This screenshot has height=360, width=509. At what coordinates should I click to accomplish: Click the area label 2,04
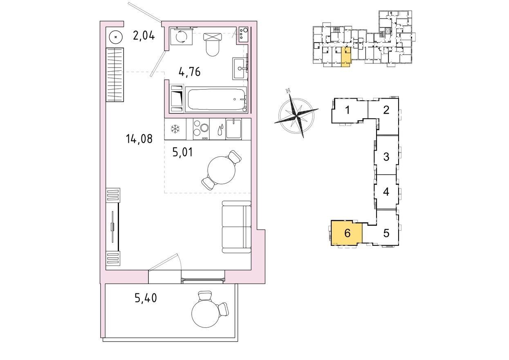(144, 36)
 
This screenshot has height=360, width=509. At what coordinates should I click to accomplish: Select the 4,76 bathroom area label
(190, 72)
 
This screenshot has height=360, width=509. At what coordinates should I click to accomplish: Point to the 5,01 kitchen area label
(182, 153)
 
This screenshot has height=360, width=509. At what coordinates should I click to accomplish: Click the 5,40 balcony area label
(146, 298)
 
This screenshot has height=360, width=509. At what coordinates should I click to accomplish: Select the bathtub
(216, 99)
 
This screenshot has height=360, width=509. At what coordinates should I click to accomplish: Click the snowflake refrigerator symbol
(175, 130)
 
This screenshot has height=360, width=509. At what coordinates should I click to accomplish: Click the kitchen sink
(233, 129)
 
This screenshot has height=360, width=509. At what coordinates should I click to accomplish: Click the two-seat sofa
(236, 227)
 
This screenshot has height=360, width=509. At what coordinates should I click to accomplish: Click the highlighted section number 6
(347, 234)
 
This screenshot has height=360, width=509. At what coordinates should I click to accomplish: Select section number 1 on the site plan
(347, 110)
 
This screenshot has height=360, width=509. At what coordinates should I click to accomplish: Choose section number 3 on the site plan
(386, 157)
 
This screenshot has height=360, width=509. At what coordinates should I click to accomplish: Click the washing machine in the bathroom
(180, 37)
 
